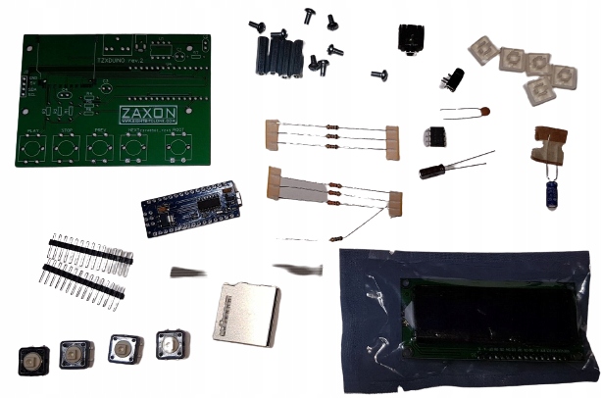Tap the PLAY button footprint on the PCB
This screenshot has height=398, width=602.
pyautogui.click(x=33, y=150)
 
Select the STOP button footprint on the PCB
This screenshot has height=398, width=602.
pyautogui.click(x=66, y=150)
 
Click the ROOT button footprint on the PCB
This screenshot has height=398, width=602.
pyautogui.click(x=177, y=149)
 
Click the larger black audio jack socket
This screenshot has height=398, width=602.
pyautogui.click(x=410, y=40)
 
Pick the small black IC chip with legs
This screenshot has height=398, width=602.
pyautogui.click(x=433, y=137)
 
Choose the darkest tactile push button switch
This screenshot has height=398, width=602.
pyautogui.click(x=30, y=360)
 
